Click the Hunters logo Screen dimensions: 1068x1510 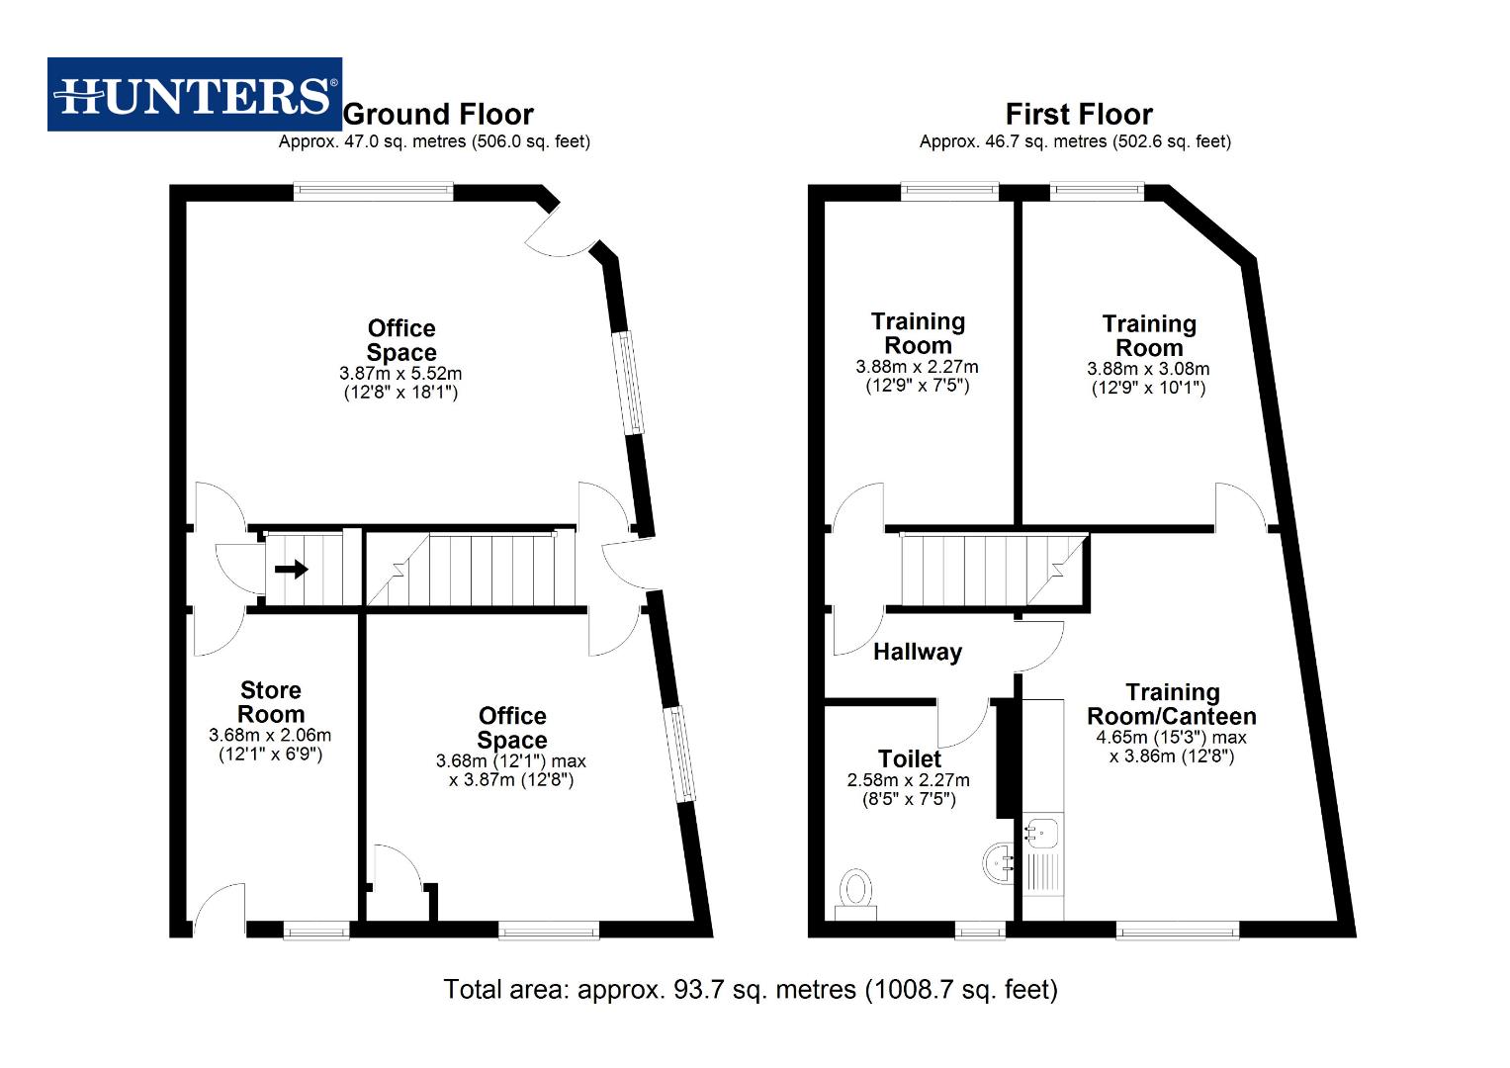point(195,95)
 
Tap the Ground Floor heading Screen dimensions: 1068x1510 point(438,114)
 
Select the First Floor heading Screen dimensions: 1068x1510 point(1079,114)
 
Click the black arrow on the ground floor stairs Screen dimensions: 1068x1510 point(291,570)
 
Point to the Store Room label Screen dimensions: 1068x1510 point(270,702)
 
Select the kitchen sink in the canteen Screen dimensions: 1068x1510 point(1041,833)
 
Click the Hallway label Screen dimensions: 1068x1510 point(917,652)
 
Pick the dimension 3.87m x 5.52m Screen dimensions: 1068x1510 point(400,374)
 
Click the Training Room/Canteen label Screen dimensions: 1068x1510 point(1172,704)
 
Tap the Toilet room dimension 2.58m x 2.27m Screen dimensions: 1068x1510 point(909,780)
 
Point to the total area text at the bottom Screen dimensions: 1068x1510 point(751,989)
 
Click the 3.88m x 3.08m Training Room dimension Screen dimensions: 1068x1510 point(1148,369)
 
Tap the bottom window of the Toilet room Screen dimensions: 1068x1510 point(980,930)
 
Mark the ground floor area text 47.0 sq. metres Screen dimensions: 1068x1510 point(434,141)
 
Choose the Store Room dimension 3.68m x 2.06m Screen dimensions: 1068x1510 point(270,736)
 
